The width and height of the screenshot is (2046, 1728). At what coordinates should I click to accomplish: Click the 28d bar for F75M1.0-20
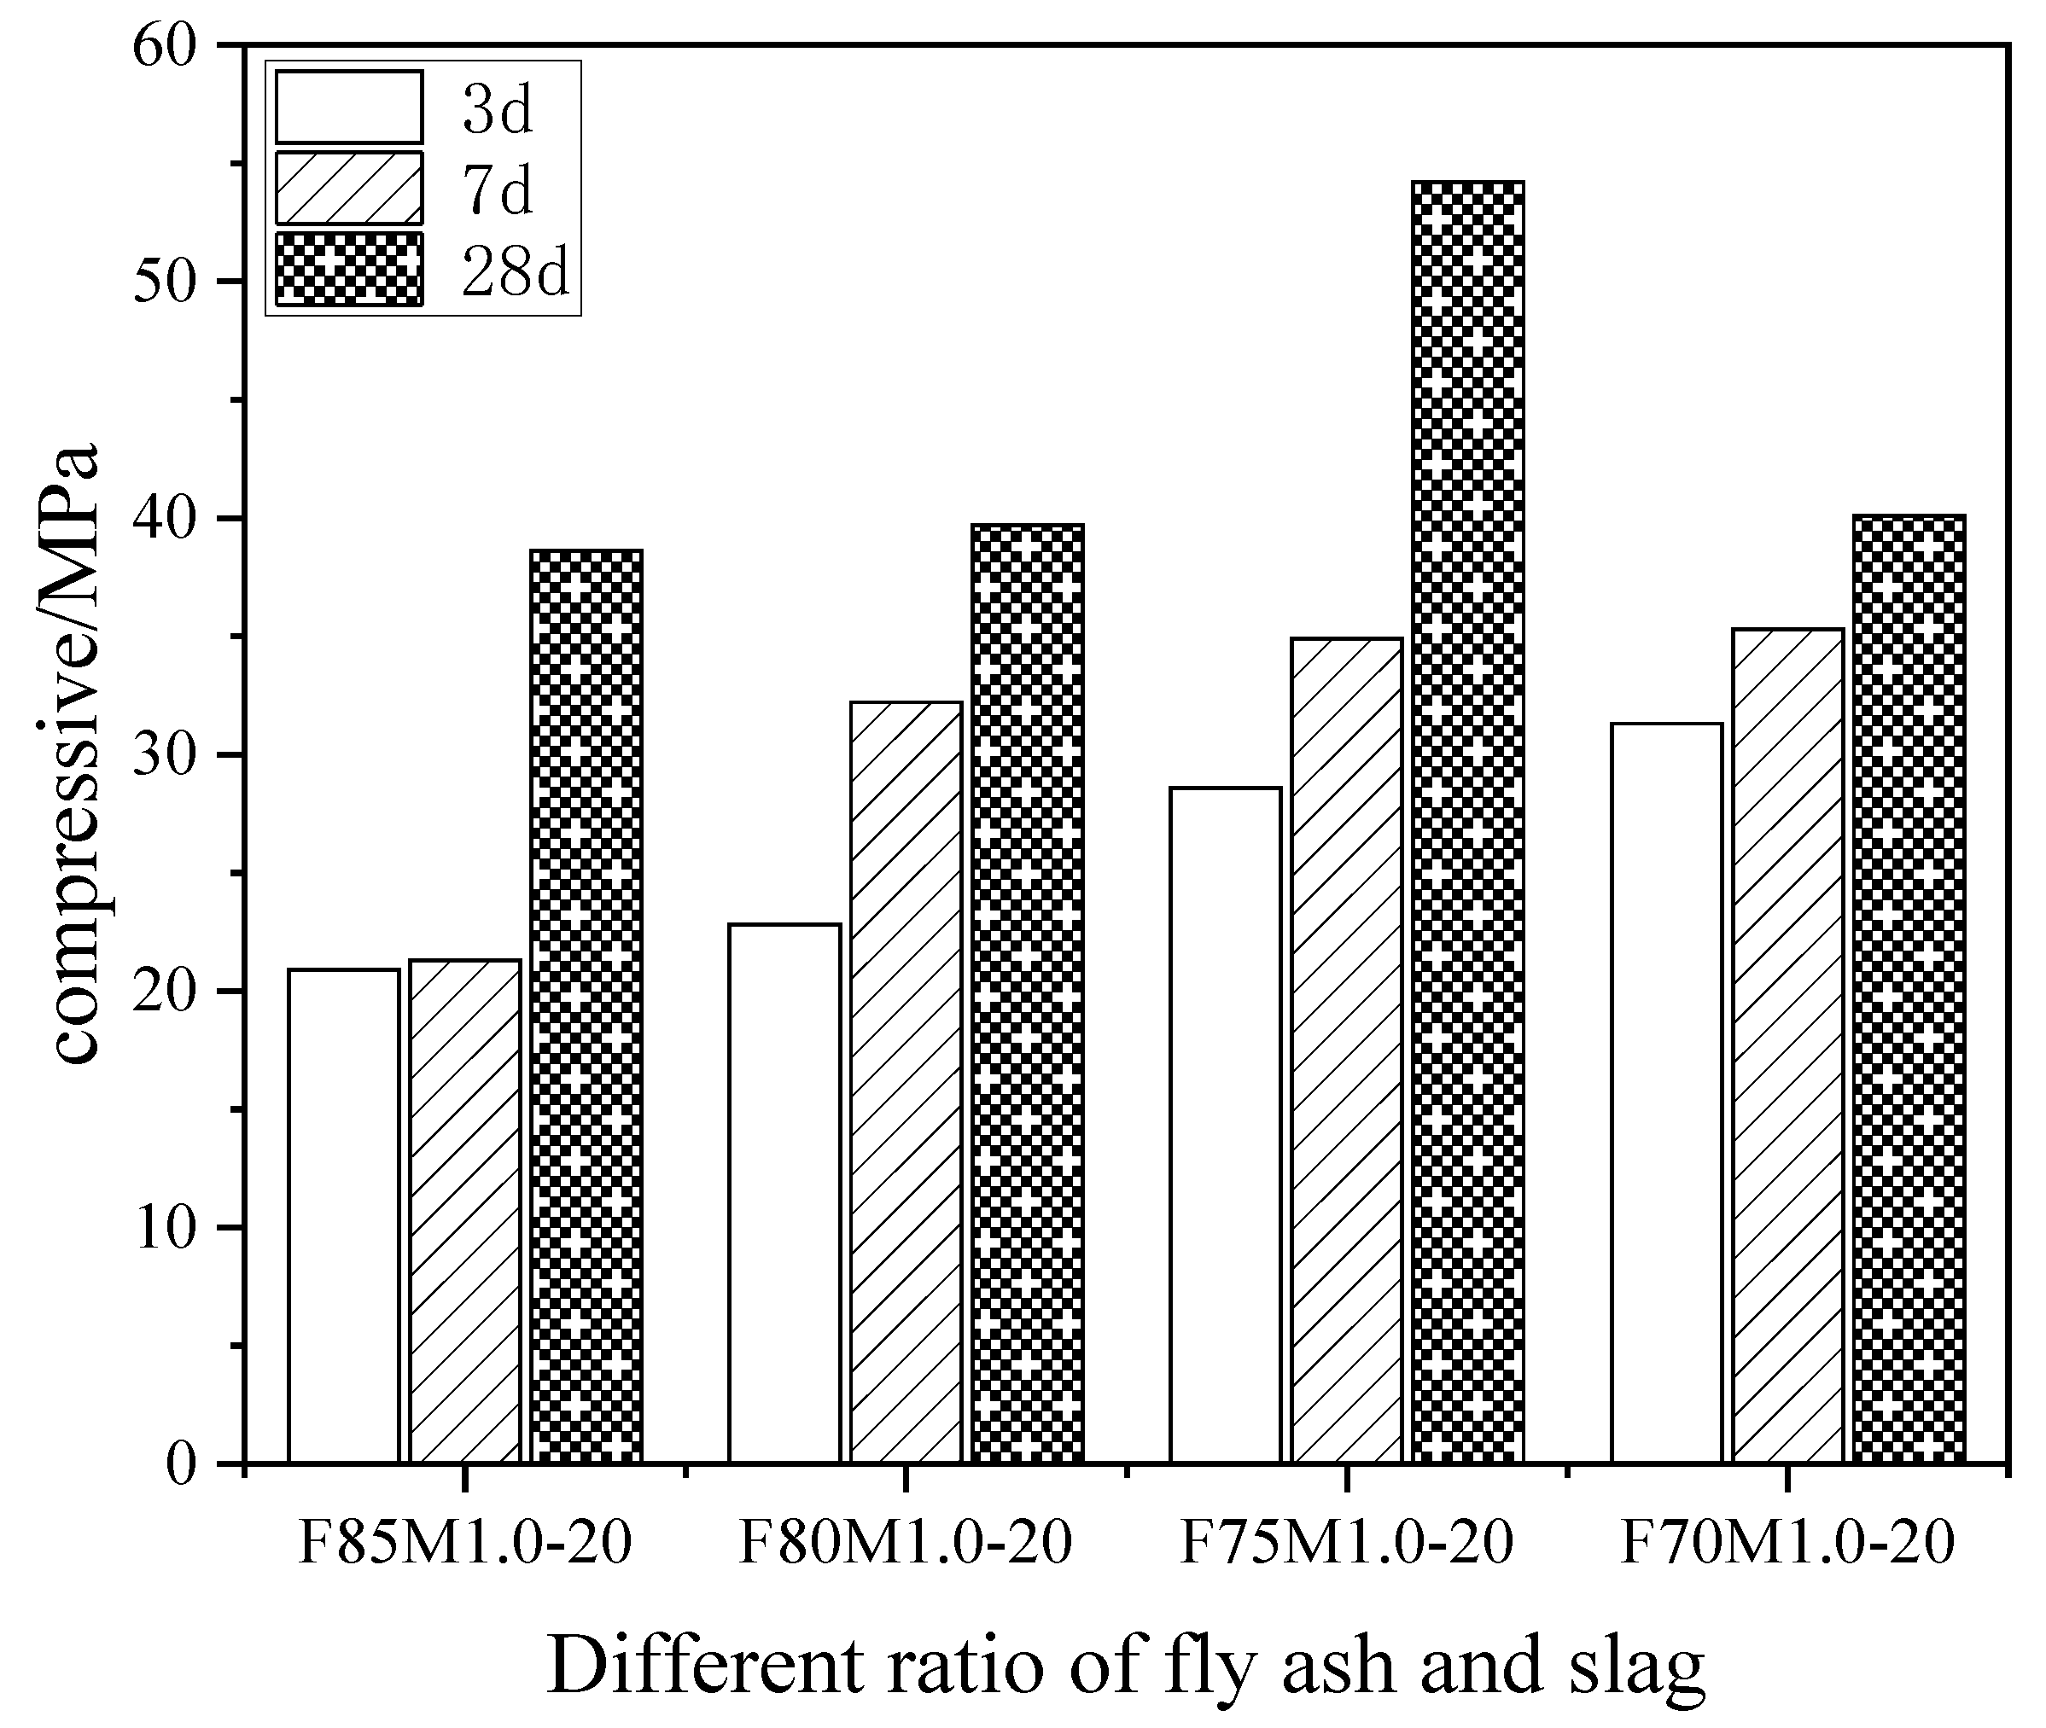pyautogui.click(x=1468, y=823)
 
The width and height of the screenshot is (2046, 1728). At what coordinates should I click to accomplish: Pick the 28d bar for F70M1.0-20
pyautogui.click(x=1909, y=989)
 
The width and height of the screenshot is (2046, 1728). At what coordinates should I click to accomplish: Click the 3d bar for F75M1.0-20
pyautogui.click(x=1225, y=1126)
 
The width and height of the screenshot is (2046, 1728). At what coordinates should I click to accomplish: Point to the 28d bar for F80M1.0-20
pyautogui.click(x=1028, y=994)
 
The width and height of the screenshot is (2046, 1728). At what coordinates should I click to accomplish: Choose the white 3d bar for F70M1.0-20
pyautogui.click(x=1667, y=1093)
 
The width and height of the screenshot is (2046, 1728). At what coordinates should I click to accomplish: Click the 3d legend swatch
pyautogui.click(x=349, y=107)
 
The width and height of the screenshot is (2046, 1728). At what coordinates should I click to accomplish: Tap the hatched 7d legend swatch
pyautogui.click(x=349, y=188)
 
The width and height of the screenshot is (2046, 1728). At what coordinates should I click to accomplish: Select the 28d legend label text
pyautogui.click(x=516, y=271)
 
